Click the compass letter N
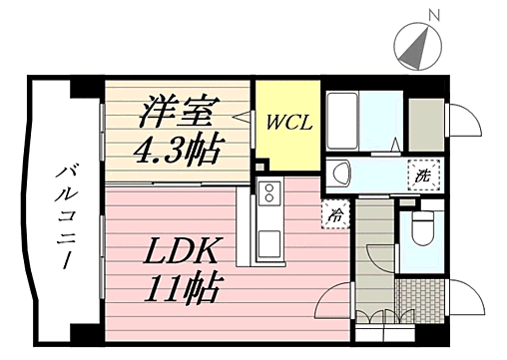click(433, 15)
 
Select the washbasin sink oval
click(339, 171)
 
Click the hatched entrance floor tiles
click(420, 296)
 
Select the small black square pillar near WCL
click(259, 165)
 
